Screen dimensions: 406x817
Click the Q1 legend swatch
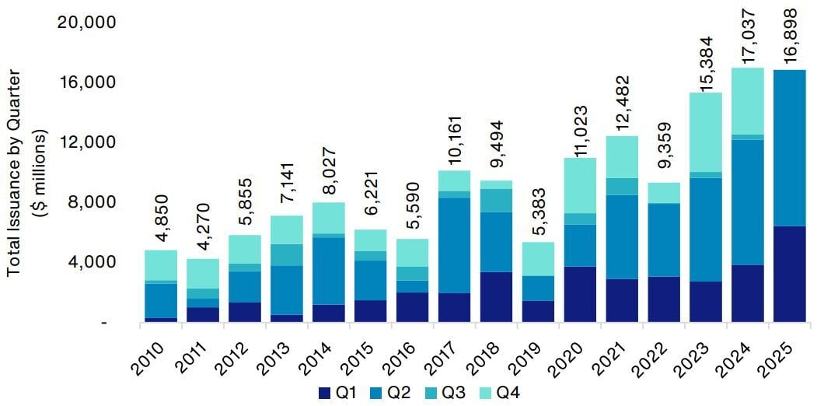[326, 394]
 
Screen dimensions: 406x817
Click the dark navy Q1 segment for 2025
[789, 274]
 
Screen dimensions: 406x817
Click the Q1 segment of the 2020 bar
[579, 294]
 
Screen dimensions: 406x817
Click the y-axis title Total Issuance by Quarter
[14, 172]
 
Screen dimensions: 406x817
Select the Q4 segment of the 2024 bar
[747, 101]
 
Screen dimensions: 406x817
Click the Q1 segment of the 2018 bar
[495, 296]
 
